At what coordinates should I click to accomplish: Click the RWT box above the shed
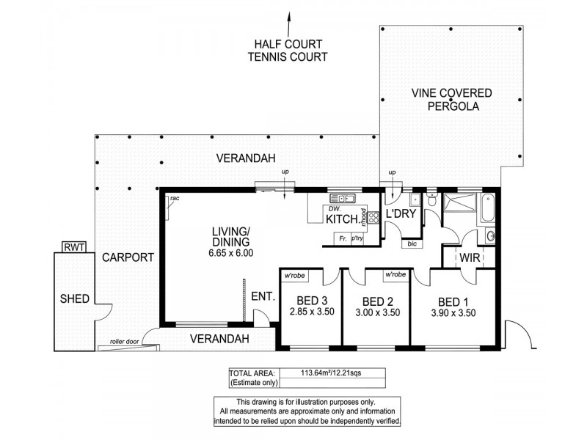tap(74, 247)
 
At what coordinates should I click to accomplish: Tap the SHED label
tap(75, 298)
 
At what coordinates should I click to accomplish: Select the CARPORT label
tap(128, 257)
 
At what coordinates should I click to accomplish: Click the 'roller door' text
tap(124, 342)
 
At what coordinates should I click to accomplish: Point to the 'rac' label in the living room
tap(175, 198)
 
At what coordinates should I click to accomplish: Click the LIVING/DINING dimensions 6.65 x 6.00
tap(231, 253)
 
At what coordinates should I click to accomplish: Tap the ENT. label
tap(263, 297)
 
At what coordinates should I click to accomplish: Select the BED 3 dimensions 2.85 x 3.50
tap(312, 311)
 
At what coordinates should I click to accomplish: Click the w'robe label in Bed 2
tap(395, 274)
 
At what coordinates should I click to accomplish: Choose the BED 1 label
tap(453, 301)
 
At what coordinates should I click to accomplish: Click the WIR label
tap(470, 257)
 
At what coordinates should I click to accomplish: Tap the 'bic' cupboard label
tap(412, 244)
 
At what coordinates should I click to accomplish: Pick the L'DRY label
tap(401, 213)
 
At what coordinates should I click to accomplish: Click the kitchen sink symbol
tap(343, 198)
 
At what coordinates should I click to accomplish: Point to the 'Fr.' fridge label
tap(343, 238)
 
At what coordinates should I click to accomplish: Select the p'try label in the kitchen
tap(357, 238)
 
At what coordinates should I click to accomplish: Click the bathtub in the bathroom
tap(488, 208)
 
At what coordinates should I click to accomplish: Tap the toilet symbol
tap(432, 199)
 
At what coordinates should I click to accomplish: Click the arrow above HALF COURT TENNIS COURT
tap(288, 24)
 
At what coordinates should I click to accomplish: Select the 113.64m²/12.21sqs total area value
tap(331, 373)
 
